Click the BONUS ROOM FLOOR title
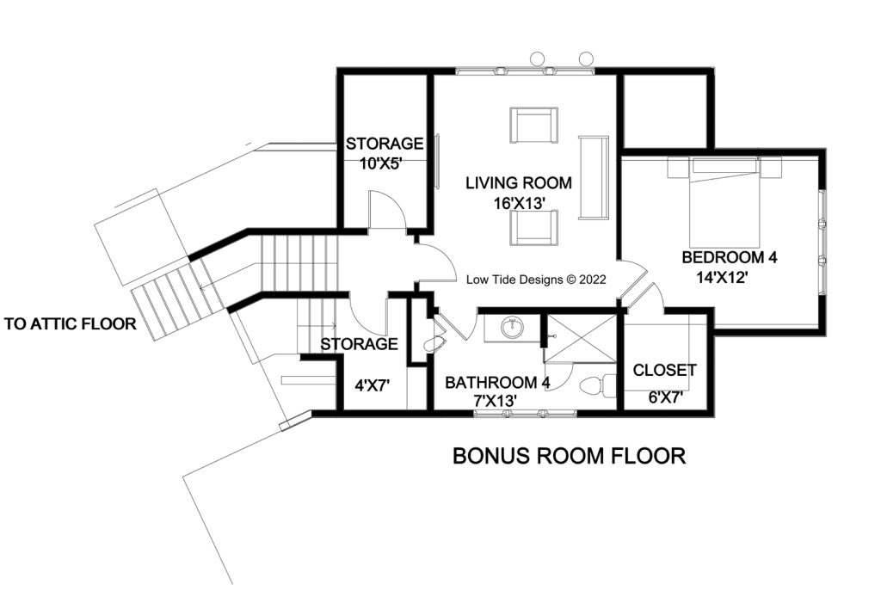click(x=569, y=456)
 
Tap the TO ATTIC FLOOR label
click(x=71, y=324)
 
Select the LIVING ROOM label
click(x=519, y=183)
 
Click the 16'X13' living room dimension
click(x=519, y=203)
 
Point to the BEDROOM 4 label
click(x=735, y=257)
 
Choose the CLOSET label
click(x=664, y=371)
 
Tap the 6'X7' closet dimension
click(x=664, y=397)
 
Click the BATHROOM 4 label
click(x=496, y=382)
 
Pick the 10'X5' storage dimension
click(x=385, y=162)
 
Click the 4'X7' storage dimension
click(x=373, y=386)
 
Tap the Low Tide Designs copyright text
click(x=536, y=280)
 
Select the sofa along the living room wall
click(x=594, y=177)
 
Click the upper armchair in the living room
click(x=533, y=126)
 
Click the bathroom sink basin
click(x=513, y=327)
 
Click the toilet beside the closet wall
click(x=599, y=384)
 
